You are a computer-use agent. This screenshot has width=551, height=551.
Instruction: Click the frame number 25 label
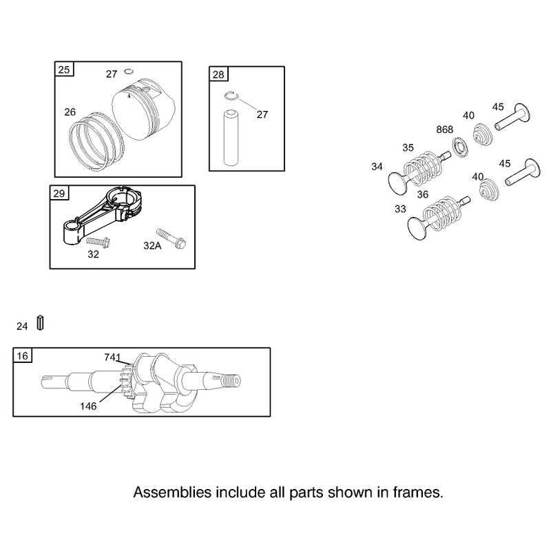point(64,70)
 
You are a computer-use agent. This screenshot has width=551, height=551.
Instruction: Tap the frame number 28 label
point(218,74)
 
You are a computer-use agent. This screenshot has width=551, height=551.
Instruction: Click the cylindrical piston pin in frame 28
point(231,137)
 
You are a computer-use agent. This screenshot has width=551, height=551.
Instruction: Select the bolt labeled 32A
point(171,238)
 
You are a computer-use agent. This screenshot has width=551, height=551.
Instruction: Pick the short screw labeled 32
point(98,242)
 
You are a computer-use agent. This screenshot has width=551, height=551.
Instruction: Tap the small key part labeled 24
point(41,323)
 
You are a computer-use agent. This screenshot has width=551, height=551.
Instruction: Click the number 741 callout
point(112,357)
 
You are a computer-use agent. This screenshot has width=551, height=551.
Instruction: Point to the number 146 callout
point(88,406)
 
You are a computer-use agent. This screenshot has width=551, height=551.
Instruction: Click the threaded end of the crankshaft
point(231,381)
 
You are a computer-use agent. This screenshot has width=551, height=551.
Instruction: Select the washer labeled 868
point(459,147)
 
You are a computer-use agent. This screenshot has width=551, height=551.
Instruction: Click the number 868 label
point(444,129)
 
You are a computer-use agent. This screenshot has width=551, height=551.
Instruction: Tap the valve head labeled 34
point(397,183)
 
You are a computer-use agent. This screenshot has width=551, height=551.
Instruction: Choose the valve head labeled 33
point(417,229)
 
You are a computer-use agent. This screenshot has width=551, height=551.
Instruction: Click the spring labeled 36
point(442,214)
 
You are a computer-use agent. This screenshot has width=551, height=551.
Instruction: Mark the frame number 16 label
point(23,356)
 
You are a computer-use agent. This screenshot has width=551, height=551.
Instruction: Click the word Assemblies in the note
point(172,492)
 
